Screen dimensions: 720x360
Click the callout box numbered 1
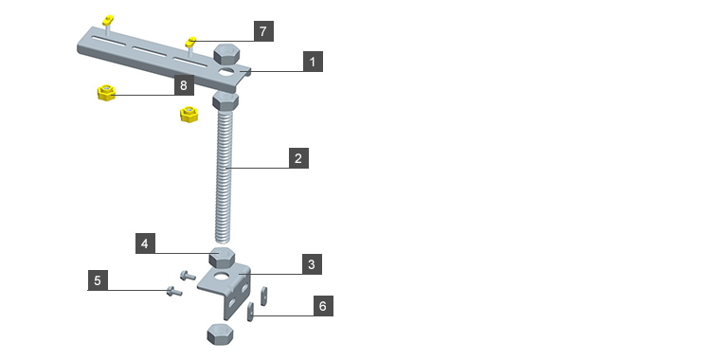(313, 62)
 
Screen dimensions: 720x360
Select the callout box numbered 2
(298, 158)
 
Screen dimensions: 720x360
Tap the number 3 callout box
(312, 264)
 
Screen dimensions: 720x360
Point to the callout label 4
(145, 243)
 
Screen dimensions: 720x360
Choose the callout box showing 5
(98, 280)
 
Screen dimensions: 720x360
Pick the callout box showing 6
(323, 306)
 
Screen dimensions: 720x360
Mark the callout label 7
(263, 31)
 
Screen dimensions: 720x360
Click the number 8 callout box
(184, 85)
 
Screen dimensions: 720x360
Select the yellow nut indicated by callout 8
(106, 92)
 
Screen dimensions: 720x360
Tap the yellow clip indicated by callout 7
(190, 43)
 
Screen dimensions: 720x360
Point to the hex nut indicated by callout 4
(223, 257)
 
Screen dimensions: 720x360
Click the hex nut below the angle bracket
(220, 333)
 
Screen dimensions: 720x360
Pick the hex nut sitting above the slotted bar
(226, 53)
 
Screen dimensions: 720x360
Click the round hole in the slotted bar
(226, 72)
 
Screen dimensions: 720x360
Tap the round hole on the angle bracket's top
(223, 277)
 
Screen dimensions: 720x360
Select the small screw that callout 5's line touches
(174, 291)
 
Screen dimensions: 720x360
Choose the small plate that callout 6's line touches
(250, 312)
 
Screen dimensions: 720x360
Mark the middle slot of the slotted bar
(150, 51)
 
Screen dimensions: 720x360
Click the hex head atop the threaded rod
(225, 101)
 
